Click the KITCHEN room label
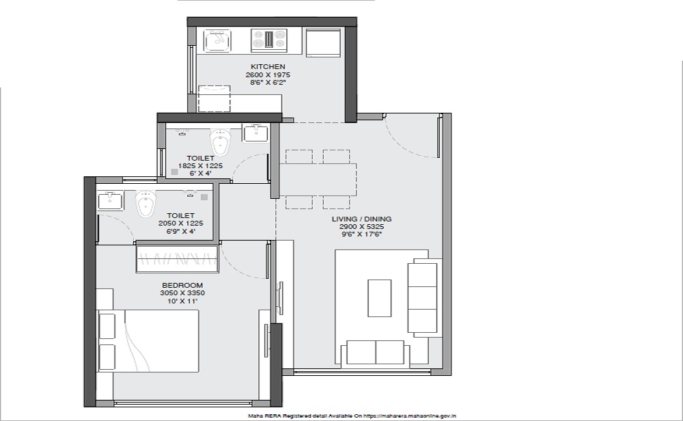coord(268,67)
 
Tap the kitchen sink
coord(217,40)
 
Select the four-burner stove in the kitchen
coord(269,38)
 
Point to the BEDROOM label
coord(182,286)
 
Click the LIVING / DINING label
coord(361,219)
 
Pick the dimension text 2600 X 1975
coord(268,74)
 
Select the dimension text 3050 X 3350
coord(182,293)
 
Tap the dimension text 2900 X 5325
coord(361,227)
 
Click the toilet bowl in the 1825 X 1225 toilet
coord(221,141)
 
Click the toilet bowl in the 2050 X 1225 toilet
coord(145,204)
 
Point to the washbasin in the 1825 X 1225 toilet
coord(255,133)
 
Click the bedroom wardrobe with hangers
coord(178,259)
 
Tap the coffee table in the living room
coord(379,298)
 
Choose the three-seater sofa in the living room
coord(423,297)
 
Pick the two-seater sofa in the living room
coord(375,352)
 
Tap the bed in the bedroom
coord(148,340)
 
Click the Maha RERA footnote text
coord(352,416)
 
